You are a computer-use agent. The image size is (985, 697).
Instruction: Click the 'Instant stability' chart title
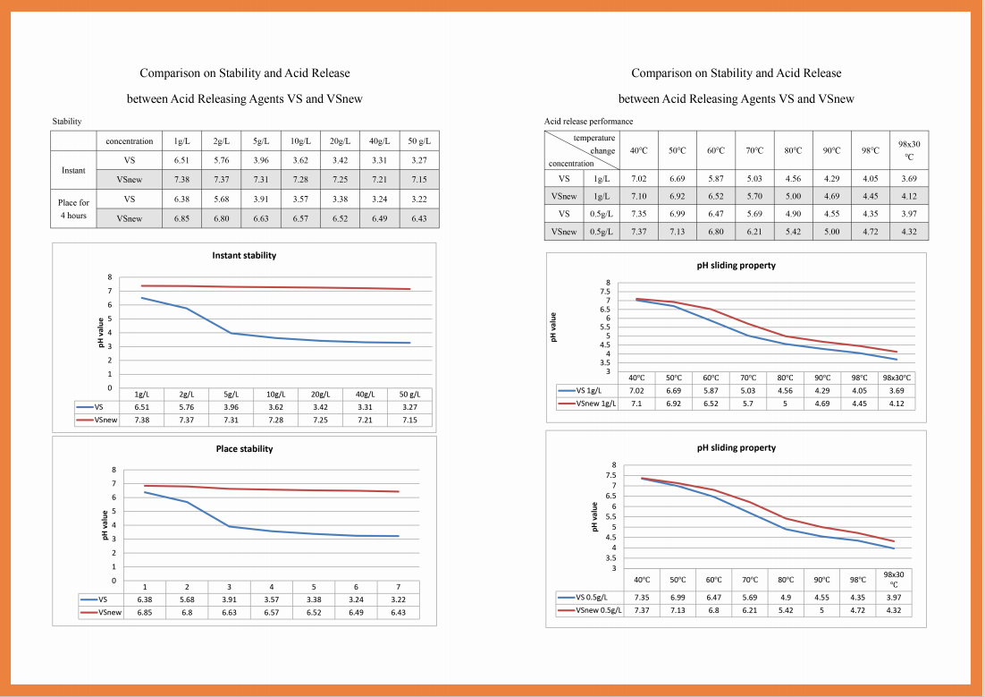coord(244,255)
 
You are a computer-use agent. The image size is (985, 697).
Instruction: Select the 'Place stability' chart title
coord(244,448)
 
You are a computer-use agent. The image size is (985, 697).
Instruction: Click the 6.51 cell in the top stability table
coord(181,160)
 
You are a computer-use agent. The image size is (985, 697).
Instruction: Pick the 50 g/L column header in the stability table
coord(419,140)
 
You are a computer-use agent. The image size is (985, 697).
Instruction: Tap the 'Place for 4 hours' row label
coord(73,208)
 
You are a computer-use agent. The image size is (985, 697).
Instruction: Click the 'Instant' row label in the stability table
coord(73,171)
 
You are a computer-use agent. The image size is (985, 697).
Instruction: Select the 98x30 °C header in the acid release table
coord(909,150)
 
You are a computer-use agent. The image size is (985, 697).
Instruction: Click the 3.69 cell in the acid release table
coord(909,179)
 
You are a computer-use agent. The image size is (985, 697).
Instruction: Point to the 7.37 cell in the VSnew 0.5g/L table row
coord(639,232)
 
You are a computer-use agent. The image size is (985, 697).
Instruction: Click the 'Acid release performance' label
coord(589,122)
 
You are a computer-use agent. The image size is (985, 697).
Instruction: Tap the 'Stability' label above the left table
coord(66,122)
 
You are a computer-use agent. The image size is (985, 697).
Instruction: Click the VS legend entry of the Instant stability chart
coord(90,407)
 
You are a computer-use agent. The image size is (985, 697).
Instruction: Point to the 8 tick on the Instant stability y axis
coord(109,276)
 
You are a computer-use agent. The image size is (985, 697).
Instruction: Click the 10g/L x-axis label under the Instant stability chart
coord(276,395)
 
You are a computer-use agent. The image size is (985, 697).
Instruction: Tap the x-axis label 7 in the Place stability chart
coord(399,587)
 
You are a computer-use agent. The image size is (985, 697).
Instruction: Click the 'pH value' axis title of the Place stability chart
coord(105,525)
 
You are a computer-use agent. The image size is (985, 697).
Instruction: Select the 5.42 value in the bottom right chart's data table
coord(786,610)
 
